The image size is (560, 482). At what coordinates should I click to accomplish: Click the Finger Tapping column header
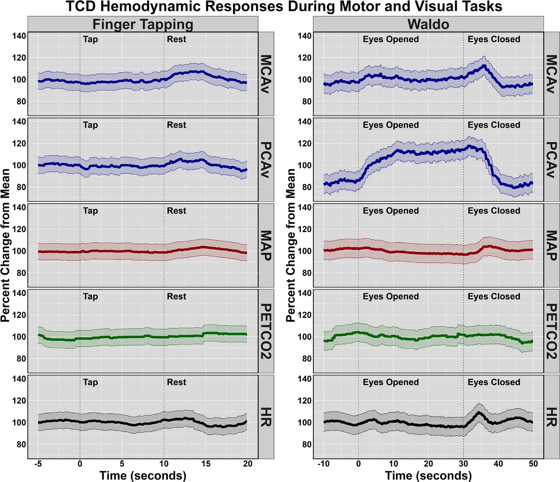pos(143,24)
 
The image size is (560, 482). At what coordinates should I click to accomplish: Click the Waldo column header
pos(428,24)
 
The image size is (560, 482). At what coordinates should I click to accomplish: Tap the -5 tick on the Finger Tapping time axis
pos(38,464)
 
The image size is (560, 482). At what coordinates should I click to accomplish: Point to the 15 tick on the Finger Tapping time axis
pos(206,464)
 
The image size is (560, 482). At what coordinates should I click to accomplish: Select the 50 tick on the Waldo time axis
pos(533,464)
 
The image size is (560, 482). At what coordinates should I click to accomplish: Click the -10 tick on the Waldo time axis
pos(323,464)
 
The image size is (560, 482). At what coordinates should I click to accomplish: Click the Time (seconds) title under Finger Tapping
pos(143,476)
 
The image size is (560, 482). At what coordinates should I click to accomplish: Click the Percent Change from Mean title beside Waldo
pos(291,245)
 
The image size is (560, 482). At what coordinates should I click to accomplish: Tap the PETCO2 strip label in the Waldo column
pos(552,331)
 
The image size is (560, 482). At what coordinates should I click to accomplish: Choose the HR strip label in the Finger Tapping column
pos(266,417)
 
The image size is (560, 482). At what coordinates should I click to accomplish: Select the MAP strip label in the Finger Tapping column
pos(266,245)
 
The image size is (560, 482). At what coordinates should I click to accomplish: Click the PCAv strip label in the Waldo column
pos(552,159)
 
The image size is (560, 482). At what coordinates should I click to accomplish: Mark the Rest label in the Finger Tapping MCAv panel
pos(176,39)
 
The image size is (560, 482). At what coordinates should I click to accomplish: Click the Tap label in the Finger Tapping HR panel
pos(90,382)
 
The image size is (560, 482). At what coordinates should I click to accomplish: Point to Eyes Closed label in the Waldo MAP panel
pos(494,211)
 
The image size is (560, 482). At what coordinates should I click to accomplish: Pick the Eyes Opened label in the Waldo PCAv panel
pos(391,125)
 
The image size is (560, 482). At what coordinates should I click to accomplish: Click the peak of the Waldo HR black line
pos(479,412)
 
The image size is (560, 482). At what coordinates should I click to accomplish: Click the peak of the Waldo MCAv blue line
pos(484,66)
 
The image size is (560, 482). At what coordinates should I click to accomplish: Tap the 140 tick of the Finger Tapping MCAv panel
pos(19,36)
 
